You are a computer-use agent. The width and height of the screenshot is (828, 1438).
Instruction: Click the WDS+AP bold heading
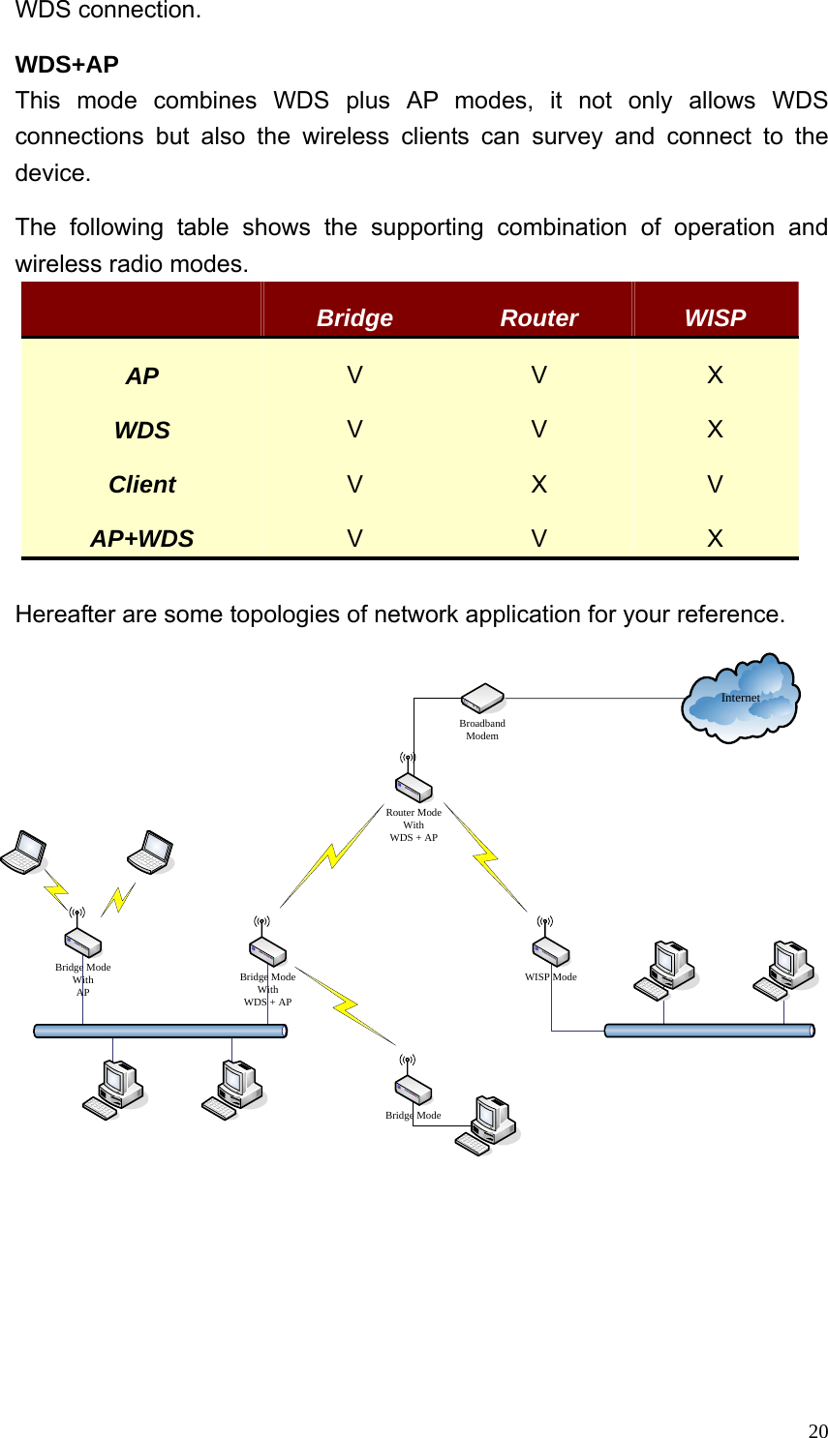pyautogui.click(x=67, y=65)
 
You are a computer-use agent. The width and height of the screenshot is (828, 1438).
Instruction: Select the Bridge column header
pyautogui.click(x=354, y=318)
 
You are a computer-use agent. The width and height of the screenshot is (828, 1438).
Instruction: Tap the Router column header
pyautogui.click(x=538, y=318)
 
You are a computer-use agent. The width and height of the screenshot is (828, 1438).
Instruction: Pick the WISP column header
pyautogui.click(x=715, y=318)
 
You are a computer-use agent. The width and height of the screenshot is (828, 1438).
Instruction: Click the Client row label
pyautogui.click(x=142, y=485)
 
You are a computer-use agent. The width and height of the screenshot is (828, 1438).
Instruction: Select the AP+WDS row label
pyautogui.click(x=142, y=539)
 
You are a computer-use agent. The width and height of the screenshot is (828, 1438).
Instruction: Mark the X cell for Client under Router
pyautogui.click(x=538, y=484)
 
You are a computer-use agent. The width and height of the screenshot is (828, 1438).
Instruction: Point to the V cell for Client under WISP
pyautogui.click(x=715, y=484)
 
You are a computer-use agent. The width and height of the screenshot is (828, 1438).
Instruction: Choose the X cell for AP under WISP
pyautogui.click(x=715, y=374)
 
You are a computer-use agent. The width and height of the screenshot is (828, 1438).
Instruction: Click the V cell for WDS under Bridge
pyautogui.click(x=354, y=429)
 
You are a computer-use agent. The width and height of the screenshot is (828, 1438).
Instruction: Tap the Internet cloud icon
pyautogui.click(x=741, y=699)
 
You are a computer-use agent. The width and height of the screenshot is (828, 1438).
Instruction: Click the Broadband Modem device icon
pyautogui.click(x=482, y=698)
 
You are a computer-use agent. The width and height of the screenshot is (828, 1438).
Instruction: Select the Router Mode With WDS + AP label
pyautogui.click(x=414, y=825)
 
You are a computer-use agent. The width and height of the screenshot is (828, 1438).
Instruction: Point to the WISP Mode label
pyautogui.click(x=550, y=976)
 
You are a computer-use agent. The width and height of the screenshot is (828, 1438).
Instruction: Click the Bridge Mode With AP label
pyautogui.click(x=83, y=979)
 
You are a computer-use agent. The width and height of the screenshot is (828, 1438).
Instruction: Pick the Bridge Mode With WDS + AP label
pyautogui.click(x=267, y=989)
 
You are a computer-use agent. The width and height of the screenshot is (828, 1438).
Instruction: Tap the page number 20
pyautogui.click(x=817, y=1430)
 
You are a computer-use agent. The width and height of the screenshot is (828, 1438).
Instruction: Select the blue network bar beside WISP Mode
pyautogui.click(x=709, y=1031)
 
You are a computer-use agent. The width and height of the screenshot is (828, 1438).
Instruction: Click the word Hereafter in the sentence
pyautogui.click(x=62, y=614)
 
